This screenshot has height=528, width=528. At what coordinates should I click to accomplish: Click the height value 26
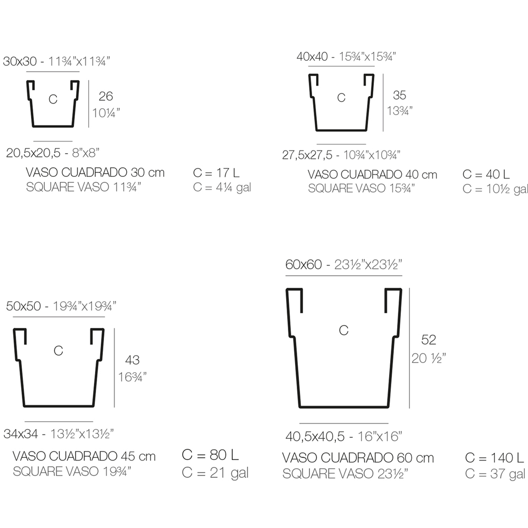[x=106, y=96]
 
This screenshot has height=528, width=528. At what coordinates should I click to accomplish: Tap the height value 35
[x=400, y=95]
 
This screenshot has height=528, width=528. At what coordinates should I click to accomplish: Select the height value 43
[x=133, y=360]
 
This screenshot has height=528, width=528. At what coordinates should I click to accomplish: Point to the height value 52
[x=429, y=340]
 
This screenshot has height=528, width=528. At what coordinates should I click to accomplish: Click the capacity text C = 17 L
[x=216, y=173]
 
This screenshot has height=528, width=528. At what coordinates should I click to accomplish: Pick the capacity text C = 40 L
[x=486, y=174]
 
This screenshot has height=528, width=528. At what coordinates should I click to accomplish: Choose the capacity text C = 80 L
[x=210, y=455]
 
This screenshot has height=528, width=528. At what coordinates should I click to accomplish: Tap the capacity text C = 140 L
[x=494, y=458]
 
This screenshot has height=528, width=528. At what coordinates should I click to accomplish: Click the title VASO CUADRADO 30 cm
[x=95, y=173]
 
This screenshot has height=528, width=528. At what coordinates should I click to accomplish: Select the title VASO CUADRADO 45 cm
[x=84, y=456]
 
